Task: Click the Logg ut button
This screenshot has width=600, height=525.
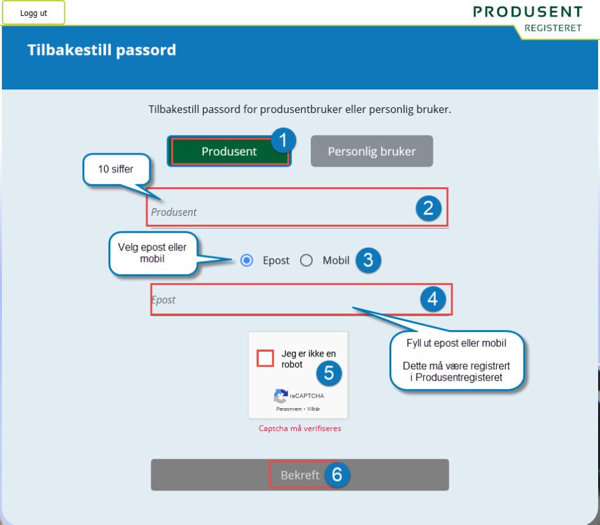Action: (x=34, y=13)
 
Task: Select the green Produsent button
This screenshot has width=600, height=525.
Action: (x=229, y=151)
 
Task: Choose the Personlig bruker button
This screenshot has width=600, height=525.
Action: (x=371, y=151)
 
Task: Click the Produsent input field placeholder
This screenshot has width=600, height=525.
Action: (x=174, y=212)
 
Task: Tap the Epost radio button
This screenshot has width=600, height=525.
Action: (x=247, y=261)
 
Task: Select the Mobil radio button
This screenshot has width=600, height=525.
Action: (x=306, y=261)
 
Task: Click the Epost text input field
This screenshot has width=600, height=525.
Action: (x=301, y=300)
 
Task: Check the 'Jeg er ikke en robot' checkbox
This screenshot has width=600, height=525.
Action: (x=265, y=358)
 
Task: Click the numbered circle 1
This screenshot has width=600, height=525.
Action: (x=283, y=141)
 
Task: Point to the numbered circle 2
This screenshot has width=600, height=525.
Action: (x=428, y=208)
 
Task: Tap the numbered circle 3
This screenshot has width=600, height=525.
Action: (x=368, y=261)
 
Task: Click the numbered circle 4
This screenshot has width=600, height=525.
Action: (x=433, y=299)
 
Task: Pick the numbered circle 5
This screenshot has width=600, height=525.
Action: (x=329, y=372)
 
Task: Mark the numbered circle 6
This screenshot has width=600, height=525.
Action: (x=337, y=475)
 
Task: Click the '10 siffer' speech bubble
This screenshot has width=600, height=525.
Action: (x=116, y=170)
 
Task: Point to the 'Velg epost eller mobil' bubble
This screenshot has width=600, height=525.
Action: (x=153, y=253)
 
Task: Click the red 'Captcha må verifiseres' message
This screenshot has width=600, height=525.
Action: (x=299, y=428)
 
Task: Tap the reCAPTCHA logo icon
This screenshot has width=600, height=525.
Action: (x=280, y=396)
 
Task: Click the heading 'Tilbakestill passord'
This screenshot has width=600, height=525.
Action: (x=101, y=50)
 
